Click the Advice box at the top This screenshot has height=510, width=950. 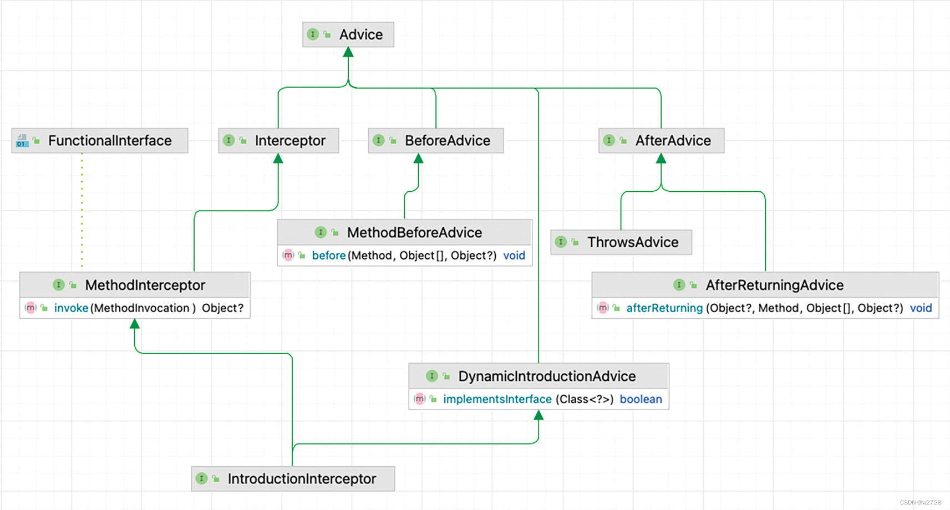click(x=348, y=34)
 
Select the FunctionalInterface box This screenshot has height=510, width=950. click(x=100, y=141)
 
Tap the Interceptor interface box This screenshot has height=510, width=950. click(x=278, y=141)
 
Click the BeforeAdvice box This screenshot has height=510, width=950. click(x=436, y=141)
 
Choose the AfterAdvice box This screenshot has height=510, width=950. click(x=661, y=141)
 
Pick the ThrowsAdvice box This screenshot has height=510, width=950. click(x=621, y=242)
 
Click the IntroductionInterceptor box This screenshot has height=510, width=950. click(x=293, y=479)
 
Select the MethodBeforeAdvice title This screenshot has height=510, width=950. click(x=414, y=233)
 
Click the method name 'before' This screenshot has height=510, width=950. click(x=328, y=256)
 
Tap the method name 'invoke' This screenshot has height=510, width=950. click(x=71, y=308)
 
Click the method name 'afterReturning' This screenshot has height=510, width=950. click(x=664, y=308)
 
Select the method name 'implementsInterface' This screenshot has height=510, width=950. click(x=497, y=399)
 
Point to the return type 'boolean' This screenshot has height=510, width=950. click(x=641, y=399)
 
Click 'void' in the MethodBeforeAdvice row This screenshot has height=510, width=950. click(x=514, y=256)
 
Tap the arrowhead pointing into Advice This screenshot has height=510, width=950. click(x=348, y=53)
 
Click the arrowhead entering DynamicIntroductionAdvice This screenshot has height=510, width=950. click(x=538, y=415)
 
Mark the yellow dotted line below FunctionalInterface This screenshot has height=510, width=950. click(x=82, y=211)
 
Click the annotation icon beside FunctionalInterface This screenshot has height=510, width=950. click(x=22, y=141)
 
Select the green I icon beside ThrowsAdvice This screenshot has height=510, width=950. click(x=561, y=242)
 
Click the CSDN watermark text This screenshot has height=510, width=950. click(x=920, y=502)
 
